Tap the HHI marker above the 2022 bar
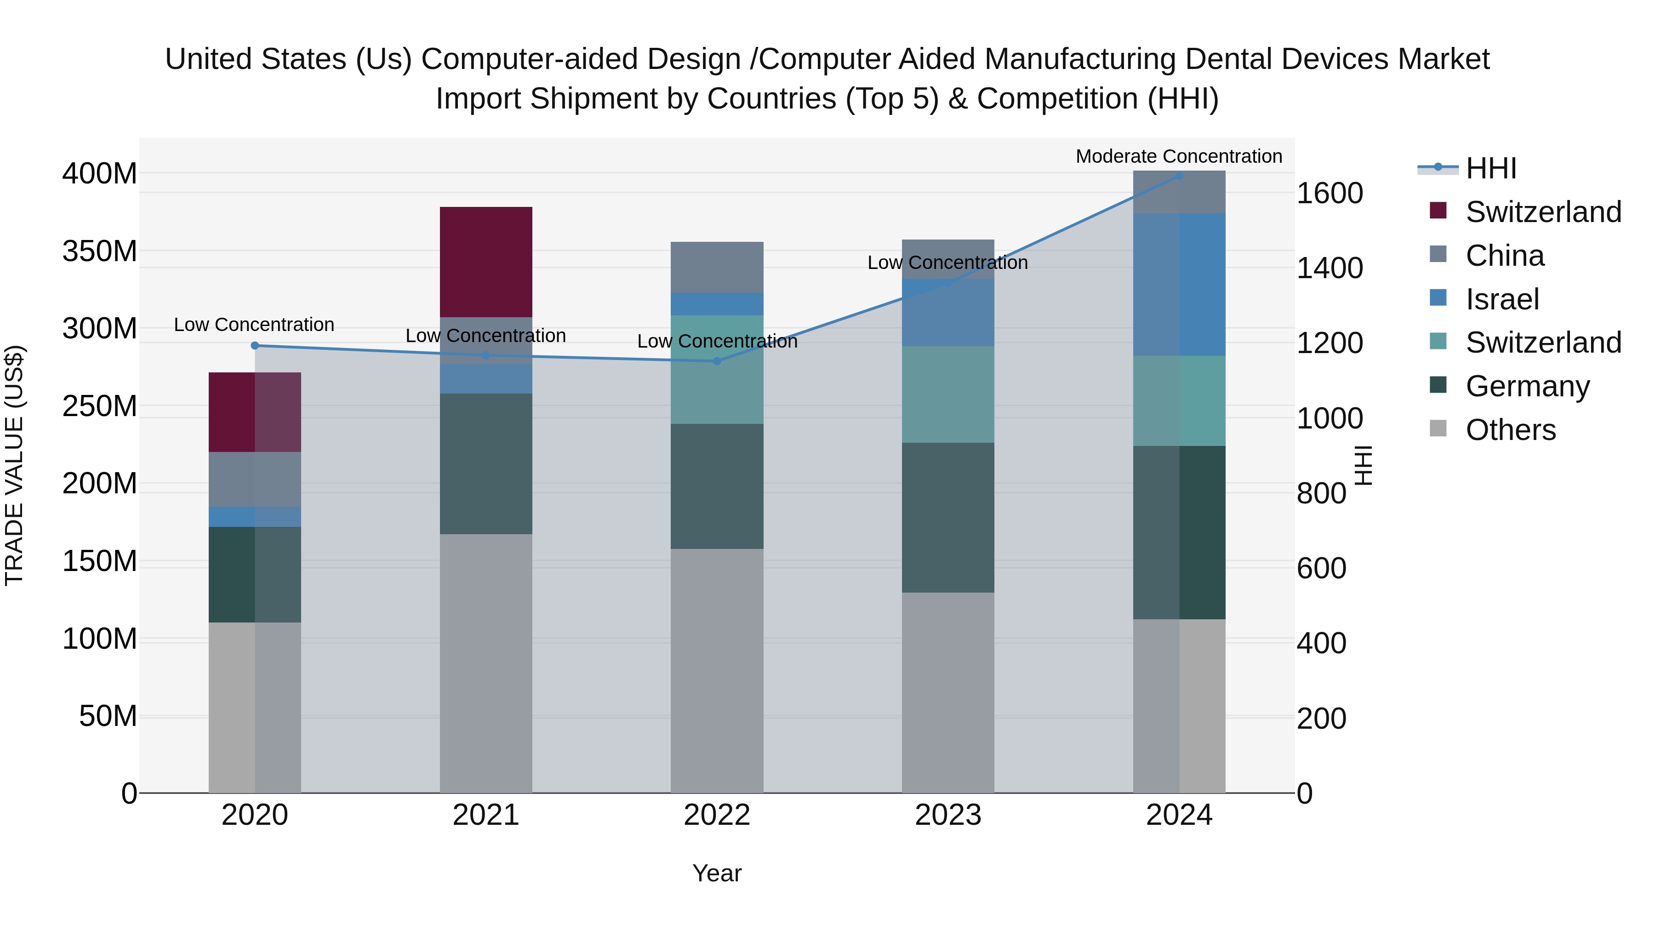[x=717, y=361]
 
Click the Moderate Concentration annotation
[x=1178, y=156]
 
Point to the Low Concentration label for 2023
[x=947, y=263]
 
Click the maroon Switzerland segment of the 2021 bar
[x=486, y=262]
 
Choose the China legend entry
[x=1505, y=256]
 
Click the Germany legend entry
[x=1527, y=386]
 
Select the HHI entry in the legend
[x=1490, y=168]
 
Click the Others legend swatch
[x=1438, y=428]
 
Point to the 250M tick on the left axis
[x=100, y=406]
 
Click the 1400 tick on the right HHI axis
[x=1329, y=268]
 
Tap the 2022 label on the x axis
[x=717, y=815]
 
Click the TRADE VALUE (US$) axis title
[x=14, y=465]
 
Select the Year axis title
[x=717, y=873]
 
